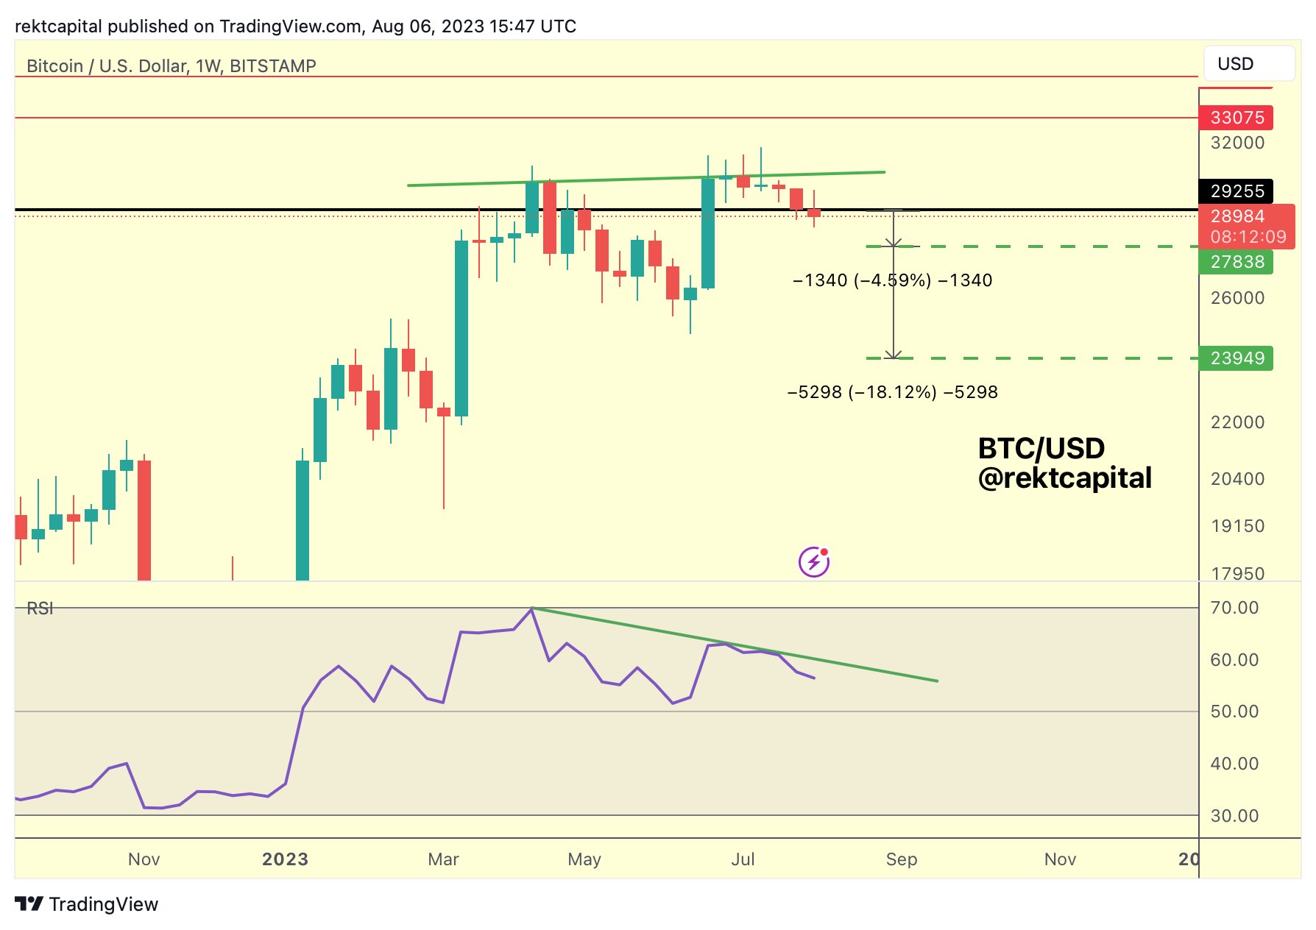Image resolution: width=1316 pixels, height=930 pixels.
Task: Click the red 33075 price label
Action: pyautogui.click(x=1236, y=118)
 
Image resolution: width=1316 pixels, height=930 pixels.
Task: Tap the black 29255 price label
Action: pyautogui.click(x=1236, y=191)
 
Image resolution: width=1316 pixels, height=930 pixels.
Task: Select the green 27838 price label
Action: pyautogui.click(x=1236, y=262)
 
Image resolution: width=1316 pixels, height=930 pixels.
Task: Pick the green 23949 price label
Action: pyautogui.click(x=1236, y=358)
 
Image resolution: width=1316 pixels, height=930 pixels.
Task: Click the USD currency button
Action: pyautogui.click(x=1248, y=64)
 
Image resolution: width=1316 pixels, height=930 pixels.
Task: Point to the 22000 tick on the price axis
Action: pyautogui.click(x=1237, y=422)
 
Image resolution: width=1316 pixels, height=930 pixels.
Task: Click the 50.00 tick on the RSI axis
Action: pyautogui.click(x=1234, y=711)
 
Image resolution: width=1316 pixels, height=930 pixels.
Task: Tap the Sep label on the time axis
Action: pyautogui.click(x=901, y=859)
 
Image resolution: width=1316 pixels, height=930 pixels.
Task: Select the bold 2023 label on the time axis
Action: pyautogui.click(x=285, y=859)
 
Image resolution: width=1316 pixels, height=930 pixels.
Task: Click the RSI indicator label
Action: pyautogui.click(x=40, y=608)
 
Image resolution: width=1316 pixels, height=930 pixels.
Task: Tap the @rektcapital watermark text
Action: pyautogui.click(x=1064, y=478)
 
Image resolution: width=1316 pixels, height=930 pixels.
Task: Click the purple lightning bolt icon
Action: pyautogui.click(x=814, y=563)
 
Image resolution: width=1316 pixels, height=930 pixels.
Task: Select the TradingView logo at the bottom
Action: pyautogui.click(x=87, y=904)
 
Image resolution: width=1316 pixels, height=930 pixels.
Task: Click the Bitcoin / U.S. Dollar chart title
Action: pyautogui.click(x=171, y=66)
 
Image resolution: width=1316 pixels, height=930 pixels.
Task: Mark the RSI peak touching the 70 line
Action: pyautogui.click(x=531, y=608)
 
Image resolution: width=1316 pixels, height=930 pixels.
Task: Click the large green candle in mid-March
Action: pyautogui.click(x=461, y=327)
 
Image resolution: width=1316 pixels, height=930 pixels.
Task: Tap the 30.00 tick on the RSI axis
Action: pyautogui.click(x=1234, y=816)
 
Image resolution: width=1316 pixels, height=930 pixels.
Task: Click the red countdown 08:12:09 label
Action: pyautogui.click(x=1248, y=237)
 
